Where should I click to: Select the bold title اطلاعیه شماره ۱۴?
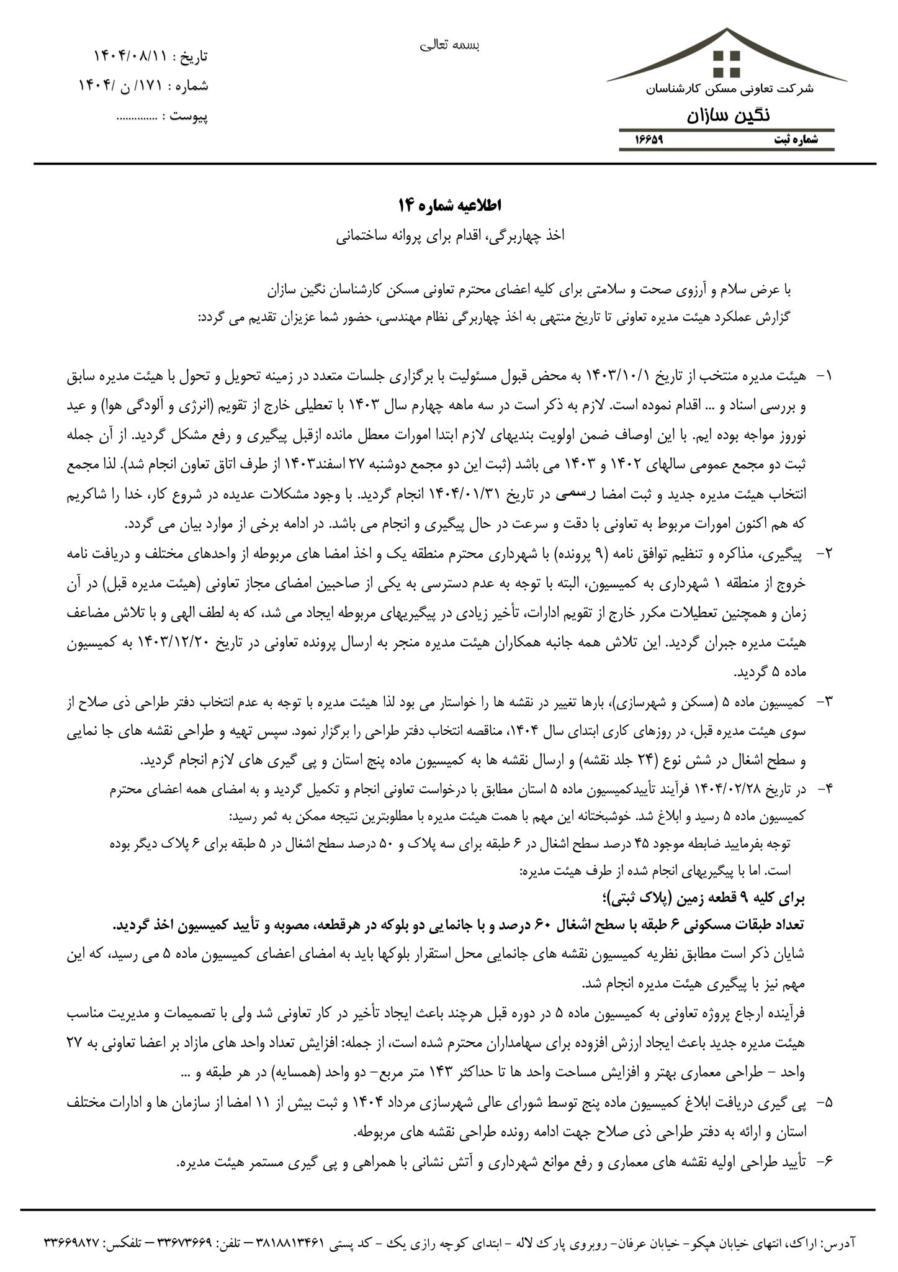pos(449,206)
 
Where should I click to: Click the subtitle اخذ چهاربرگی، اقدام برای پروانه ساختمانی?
pos(449,237)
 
